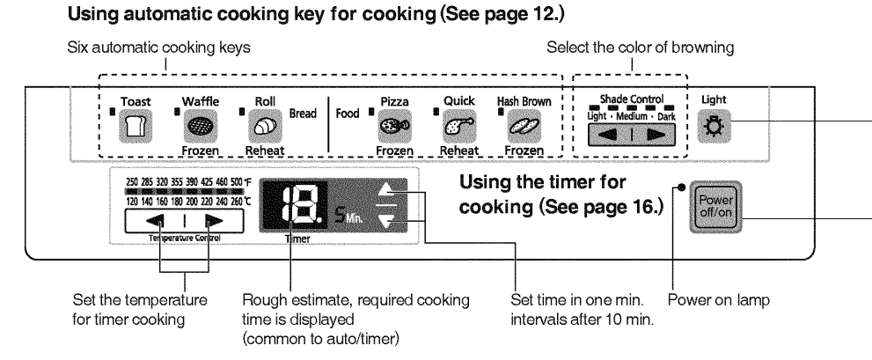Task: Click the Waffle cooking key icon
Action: point(194,127)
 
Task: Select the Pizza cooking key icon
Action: point(391,127)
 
